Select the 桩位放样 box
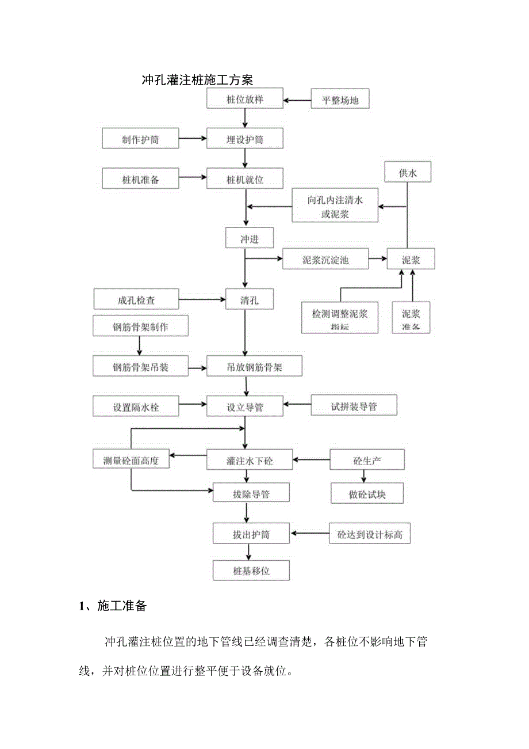[x=245, y=100]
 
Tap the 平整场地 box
[x=340, y=100]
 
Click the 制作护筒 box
[x=140, y=139]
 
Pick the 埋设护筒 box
[x=245, y=139]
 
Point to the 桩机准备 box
[x=140, y=179]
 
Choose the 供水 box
[x=408, y=173]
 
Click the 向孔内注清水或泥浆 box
[x=335, y=206]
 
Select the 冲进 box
[x=250, y=239]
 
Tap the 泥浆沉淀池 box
[x=325, y=260]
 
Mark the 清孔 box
[x=250, y=299]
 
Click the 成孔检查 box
[x=136, y=299]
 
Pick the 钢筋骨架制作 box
[x=140, y=326]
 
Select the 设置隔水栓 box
[x=136, y=406]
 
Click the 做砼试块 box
[x=367, y=493]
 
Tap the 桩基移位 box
[x=251, y=571]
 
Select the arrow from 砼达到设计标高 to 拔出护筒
[x=309, y=534]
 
